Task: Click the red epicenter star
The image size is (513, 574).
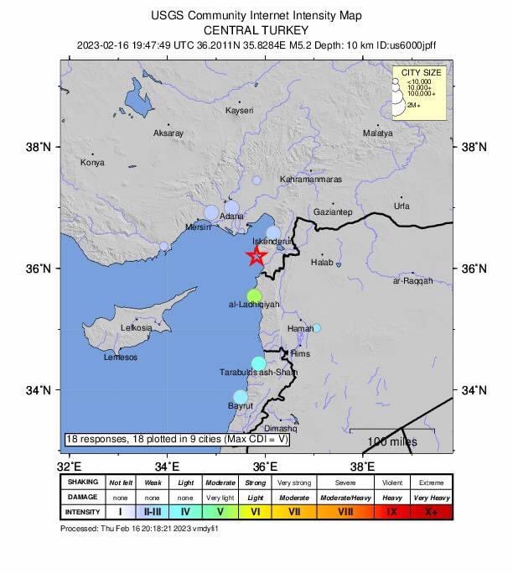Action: (256, 257)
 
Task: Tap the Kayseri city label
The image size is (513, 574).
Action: (239, 111)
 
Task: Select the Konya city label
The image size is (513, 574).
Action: (92, 163)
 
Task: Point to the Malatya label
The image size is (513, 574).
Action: (377, 133)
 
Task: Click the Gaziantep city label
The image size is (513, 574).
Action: (333, 212)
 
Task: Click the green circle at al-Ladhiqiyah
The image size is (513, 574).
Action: (254, 296)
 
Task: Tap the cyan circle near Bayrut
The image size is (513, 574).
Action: (241, 397)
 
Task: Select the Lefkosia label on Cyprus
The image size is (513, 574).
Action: (137, 328)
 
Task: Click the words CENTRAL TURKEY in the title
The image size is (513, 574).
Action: (256, 29)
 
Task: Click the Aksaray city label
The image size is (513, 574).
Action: (168, 133)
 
